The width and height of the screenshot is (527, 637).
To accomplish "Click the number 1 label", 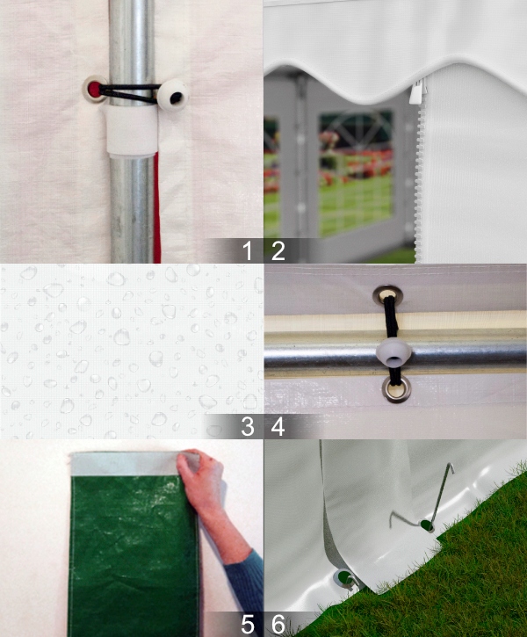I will click(248, 251).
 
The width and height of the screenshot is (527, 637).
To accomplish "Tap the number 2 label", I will click(278, 251).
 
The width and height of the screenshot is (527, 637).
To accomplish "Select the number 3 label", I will click(248, 427).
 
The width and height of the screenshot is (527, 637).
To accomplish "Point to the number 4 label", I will click(278, 427).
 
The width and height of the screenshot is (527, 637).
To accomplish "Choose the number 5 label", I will click(248, 625).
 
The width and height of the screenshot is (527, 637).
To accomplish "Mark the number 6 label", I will click(278, 625).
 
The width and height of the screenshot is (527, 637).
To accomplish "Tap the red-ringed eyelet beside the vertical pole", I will click(93, 88).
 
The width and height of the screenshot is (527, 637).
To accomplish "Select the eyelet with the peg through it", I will click(426, 525).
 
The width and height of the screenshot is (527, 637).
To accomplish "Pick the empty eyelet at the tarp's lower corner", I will click(343, 579).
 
